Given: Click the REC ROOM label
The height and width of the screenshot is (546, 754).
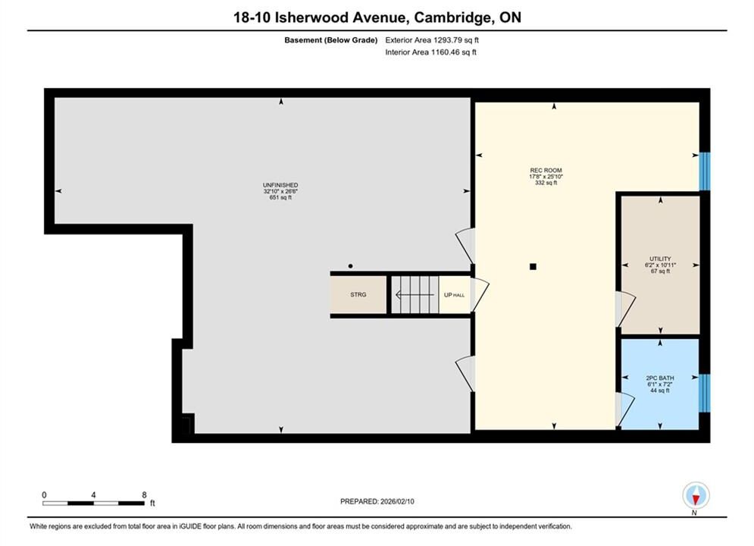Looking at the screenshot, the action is pyautogui.click(x=546, y=171).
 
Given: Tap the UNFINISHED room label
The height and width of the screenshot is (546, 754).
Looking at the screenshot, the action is pyautogui.click(x=280, y=185).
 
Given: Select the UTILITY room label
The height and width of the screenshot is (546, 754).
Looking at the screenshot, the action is pyautogui.click(x=660, y=259).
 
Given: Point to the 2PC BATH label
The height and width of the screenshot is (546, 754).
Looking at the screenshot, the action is pyautogui.click(x=660, y=378).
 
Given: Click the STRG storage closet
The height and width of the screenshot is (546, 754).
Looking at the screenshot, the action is pyautogui.click(x=358, y=294).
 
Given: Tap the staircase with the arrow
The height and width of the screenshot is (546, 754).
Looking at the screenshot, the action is pyautogui.click(x=415, y=294).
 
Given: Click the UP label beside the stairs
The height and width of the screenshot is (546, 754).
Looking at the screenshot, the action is pyautogui.click(x=448, y=295).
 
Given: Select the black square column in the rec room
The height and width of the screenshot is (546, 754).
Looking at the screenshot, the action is pyautogui.click(x=533, y=266).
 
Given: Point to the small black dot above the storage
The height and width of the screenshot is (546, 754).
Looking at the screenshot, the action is pyautogui.click(x=351, y=266).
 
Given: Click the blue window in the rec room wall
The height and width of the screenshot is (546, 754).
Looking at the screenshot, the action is pyautogui.click(x=705, y=171).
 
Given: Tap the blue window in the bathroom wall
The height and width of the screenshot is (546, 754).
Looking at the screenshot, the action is pyautogui.click(x=705, y=393).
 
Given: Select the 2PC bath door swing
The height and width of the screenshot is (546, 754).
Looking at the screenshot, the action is pyautogui.click(x=625, y=409).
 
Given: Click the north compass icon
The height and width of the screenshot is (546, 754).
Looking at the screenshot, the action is pyautogui.click(x=696, y=495).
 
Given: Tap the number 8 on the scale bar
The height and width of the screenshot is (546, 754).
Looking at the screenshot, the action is pyautogui.click(x=144, y=494).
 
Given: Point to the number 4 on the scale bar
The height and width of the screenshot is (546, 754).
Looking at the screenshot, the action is pyautogui.click(x=93, y=494).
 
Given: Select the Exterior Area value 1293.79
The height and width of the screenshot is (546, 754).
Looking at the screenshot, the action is pyautogui.click(x=447, y=40).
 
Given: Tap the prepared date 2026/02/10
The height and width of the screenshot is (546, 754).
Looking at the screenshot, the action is pyautogui.click(x=397, y=501).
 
